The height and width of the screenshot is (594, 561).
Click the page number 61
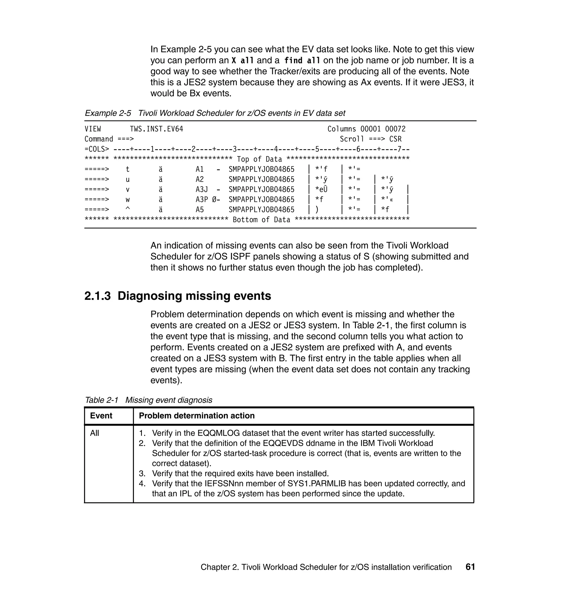click(470, 567)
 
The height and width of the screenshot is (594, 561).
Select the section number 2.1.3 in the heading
click(98, 296)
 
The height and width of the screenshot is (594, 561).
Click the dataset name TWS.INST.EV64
click(156, 129)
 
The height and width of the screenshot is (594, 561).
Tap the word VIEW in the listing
click(93, 129)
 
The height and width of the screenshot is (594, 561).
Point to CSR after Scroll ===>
click(395, 139)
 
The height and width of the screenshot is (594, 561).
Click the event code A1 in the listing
click(200, 169)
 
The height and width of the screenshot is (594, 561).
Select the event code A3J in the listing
click(202, 189)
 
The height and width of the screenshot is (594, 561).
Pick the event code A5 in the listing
click(200, 209)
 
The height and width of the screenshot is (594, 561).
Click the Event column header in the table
click(101, 415)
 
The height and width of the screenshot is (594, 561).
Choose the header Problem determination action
click(197, 415)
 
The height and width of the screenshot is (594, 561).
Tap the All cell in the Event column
click(95, 433)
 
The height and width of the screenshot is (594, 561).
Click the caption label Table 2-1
click(102, 400)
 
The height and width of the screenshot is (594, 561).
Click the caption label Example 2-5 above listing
click(108, 113)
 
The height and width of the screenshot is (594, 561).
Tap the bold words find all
click(302, 61)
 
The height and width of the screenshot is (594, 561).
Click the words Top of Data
click(259, 159)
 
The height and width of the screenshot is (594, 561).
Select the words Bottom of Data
click(261, 219)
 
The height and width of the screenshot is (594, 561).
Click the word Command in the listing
click(99, 139)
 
